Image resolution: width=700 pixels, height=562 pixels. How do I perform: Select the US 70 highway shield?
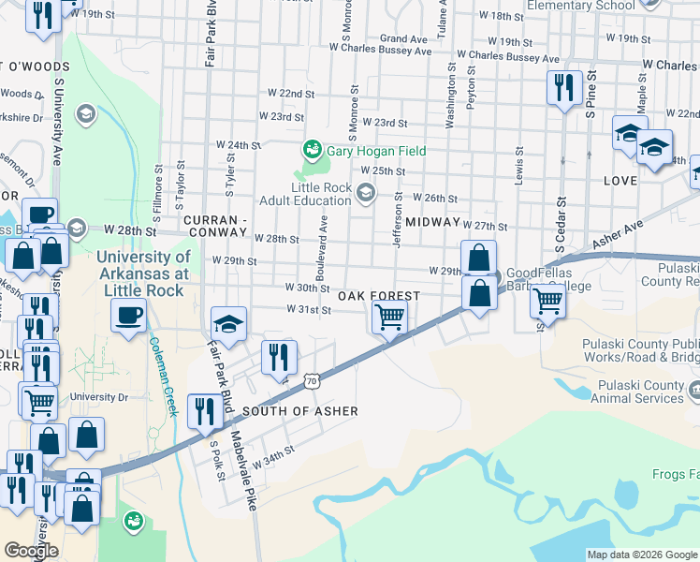(x=312, y=381)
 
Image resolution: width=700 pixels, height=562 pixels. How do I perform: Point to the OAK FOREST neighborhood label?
(x=377, y=295)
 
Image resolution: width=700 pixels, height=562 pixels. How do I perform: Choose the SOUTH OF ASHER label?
(x=287, y=411)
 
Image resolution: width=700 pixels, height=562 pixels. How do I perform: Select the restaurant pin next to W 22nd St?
(x=564, y=88)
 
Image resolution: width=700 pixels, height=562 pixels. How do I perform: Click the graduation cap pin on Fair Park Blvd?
(x=228, y=323)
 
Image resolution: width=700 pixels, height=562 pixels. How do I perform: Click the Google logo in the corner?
(x=31, y=551)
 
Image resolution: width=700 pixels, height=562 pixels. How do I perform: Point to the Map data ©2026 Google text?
(x=641, y=554)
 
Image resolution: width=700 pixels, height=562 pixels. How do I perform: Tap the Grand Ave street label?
(x=403, y=39)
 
